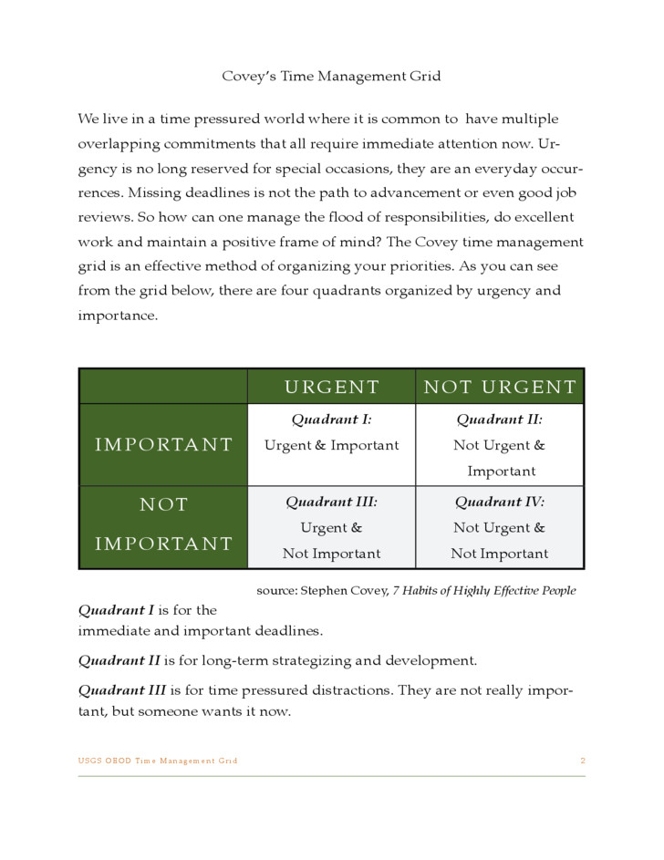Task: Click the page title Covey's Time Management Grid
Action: (331, 76)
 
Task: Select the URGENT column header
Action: (331, 387)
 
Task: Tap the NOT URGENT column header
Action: (500, 387)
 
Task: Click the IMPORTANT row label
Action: (164, 445)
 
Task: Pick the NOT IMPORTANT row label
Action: (164, 524)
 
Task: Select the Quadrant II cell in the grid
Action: (500, 445)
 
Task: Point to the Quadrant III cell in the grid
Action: (331, 528)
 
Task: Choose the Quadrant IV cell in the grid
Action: (500, 528)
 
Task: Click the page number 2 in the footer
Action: (582, 761)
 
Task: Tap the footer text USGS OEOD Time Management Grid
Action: (158, 761)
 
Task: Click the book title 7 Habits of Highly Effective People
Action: (483, 590)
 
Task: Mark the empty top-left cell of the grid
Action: (164, 387)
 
